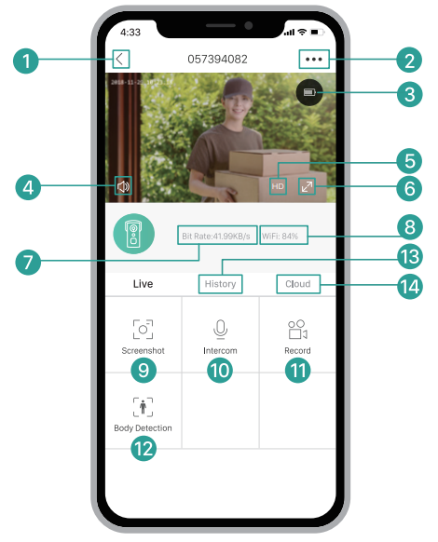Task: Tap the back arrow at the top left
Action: (x=121, y=60)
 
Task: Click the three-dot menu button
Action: (x=314, y=60)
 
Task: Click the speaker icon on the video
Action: (x=123, y=186)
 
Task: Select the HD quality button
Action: (x=278, y=186)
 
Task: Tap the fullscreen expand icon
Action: (x=307, y=186)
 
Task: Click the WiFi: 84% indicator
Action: (x=280, y=237)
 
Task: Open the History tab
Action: (x=221, y=284)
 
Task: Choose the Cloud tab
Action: (x=298, y=284)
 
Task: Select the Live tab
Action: (x=143, y=284)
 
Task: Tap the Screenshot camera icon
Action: (x=143, y=329)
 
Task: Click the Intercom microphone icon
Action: (x=220, y=329)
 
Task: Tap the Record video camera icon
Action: (x=297, y=329)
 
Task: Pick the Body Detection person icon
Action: (x=143, y=406)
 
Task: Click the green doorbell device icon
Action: (x=134, y=236)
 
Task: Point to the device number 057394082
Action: (x=217, y=60)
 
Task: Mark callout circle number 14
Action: (x=407, y=286)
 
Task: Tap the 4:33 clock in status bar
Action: (x=131, y=32)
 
